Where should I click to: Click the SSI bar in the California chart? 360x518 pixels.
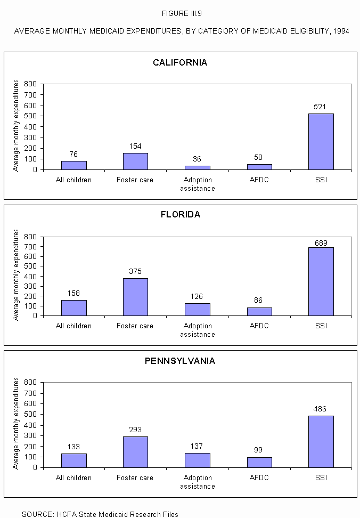click(x=321, y=142)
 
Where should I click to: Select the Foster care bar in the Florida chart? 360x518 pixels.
click(x=135, y=297)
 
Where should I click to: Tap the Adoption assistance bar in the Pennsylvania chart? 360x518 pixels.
click(x=197, y=460)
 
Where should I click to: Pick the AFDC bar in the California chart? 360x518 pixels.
click(x=259, y=167)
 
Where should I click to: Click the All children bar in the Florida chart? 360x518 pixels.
click(x=73, y=308)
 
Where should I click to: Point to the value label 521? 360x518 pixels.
click(x=321, y=107)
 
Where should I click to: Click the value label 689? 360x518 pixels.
click(x=321, y=243)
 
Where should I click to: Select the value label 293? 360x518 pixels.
click(x=135, y=430)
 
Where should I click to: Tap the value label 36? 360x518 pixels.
click(x=197, y=159)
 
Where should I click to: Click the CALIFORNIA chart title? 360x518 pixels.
click(x=180, y=63)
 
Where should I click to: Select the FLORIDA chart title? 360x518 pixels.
click(x=180, y=215)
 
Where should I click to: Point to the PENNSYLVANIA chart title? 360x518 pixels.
click(x=180, y=361)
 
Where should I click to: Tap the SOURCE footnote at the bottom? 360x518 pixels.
click(x=100, y=514)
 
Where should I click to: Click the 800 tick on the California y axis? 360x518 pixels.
click(x=30, y=84)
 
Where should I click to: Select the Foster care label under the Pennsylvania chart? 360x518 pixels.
click(x=135, y=477)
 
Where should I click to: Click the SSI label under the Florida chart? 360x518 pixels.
click(x=321, y=326)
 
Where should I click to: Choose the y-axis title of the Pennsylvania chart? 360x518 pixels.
click(x=16, y=424)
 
